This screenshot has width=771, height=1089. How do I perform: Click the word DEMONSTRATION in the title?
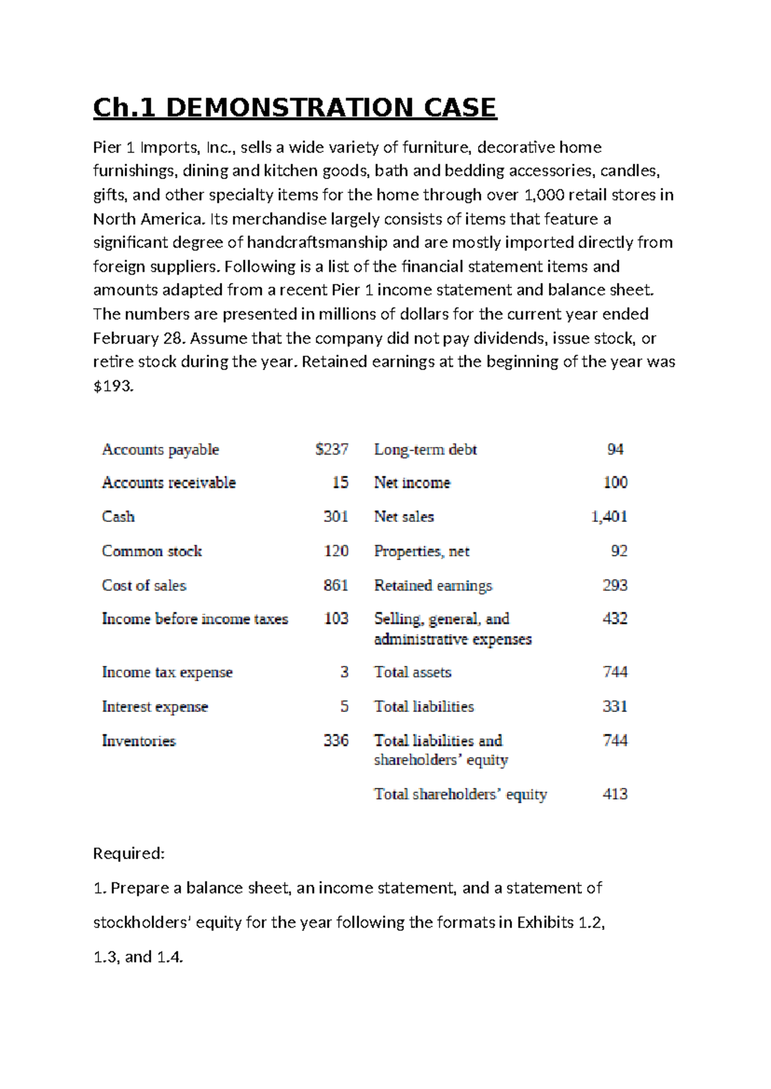tap(289, 108)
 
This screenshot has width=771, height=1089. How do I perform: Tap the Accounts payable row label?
tap(161, 449)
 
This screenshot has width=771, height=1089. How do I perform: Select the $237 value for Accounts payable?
tap(332, 449)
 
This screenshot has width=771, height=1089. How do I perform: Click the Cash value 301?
tap(335, 517)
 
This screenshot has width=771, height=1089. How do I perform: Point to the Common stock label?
tap(152, 551)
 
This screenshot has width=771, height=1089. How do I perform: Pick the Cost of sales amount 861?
tap(335, 586)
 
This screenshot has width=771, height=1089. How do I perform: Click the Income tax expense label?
tap(167, 672)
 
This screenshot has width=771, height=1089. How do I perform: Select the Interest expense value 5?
tap(344, 707)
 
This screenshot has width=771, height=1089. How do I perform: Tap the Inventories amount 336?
tap(335, 741)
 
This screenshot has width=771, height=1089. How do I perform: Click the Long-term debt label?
tap(425, 449)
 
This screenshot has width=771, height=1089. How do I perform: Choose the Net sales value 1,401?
tap(608, 517)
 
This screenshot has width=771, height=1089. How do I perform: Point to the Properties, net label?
tap(421, 551)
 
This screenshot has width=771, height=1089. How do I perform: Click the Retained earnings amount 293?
tap(615, 586)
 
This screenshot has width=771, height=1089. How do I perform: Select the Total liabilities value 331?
tap(615, 707)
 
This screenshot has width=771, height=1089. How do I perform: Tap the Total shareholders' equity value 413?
tap(615, 794)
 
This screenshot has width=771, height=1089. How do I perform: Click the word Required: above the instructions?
tap(129, 853)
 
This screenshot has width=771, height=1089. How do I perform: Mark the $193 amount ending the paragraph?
tap(113, 387)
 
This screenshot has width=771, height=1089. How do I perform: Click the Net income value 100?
tap(615, 483)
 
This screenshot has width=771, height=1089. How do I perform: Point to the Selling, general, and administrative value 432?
tap(615, 619)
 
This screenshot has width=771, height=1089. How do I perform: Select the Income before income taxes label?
tap(195, 619)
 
